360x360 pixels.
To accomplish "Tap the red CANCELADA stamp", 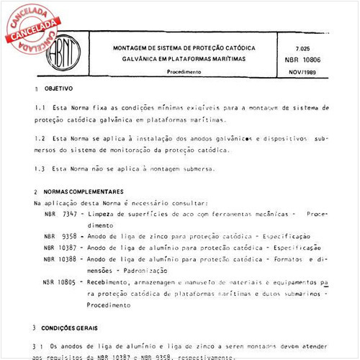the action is click(x=33, y=28).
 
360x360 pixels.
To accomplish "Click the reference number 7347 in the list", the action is click(x=71, y=215).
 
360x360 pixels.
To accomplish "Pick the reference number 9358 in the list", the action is click(x=71, y=235).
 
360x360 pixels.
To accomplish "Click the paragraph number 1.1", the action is click(x=40, y=107).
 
